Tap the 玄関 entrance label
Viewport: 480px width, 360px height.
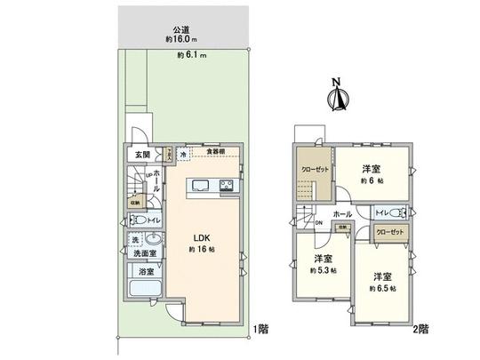tap(130, 154)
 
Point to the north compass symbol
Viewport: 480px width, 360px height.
tap(335, 98)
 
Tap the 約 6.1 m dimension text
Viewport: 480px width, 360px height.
tap(192, 55)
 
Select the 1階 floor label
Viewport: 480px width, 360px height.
tap(260, 329)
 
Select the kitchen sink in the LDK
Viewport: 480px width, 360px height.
tap(197, 186)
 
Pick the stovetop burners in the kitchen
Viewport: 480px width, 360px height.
tap(227, 186)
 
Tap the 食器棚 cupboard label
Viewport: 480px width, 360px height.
tap(214, 152)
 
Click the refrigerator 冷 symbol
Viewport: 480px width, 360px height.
tap(183, 154)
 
